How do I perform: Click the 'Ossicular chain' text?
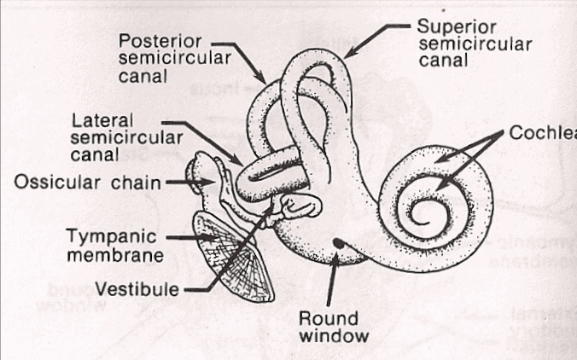coord(87,182)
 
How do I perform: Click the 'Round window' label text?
coord(333,326)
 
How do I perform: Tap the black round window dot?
coord(339,244)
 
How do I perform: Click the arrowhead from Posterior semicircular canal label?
coord(272,83)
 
